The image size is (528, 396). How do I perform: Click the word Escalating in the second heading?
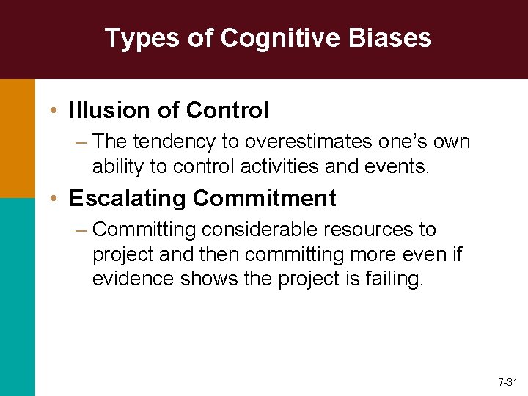(125, 198)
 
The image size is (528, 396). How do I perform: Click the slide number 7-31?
(507, 383)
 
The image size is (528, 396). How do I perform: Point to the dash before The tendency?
(81, 142)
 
